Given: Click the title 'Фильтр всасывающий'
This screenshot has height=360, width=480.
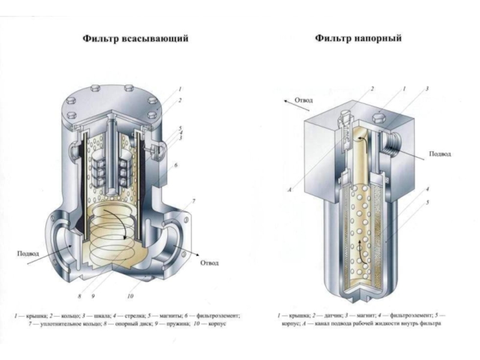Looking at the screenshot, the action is coord(136,39).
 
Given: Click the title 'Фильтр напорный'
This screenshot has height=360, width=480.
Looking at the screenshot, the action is coord(358,38).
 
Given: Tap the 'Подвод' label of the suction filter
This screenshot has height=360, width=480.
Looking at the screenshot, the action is coord(28,253).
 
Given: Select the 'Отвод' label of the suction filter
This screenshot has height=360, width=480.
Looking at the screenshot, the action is coord(209,263).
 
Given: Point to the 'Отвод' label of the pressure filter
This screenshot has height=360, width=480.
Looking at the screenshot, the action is coord(304,100).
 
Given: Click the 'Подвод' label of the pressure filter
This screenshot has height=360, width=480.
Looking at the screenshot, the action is coord(440,154).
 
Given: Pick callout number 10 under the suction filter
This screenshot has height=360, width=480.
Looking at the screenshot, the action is coord(130,296).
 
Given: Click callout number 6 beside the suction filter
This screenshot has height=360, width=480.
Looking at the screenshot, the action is coord(176,166).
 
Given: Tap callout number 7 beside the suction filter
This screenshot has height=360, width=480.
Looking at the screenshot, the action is coord(194,201).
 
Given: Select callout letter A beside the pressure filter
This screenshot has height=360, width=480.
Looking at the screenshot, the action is coord(289,190).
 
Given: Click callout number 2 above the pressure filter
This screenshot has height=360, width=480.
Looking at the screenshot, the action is coord(373,89).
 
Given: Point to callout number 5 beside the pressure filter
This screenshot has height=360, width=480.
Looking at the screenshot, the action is coord(428,202).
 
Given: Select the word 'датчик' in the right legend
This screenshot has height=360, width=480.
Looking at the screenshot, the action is coord(332,316).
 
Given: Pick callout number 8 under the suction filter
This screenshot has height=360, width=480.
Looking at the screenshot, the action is coord(80,296).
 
